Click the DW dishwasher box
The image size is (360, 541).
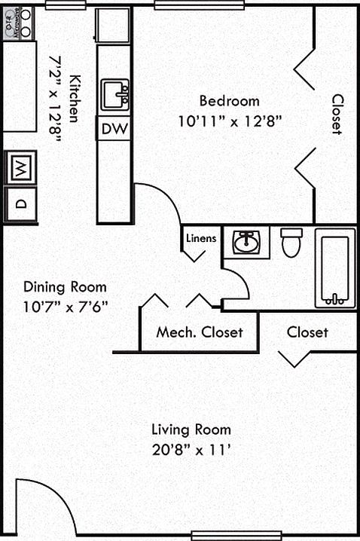(114, 128)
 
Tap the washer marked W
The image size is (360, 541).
(20, 168)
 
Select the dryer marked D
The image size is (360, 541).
(20, 204)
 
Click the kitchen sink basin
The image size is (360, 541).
(114, 95)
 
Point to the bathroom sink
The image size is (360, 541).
(246, 243)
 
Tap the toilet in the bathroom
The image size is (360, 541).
(291, 242)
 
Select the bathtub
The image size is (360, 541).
(335, 267)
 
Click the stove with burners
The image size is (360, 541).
(18, 23)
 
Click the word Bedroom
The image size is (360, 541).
(229, 101)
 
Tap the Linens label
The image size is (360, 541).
(201, 238)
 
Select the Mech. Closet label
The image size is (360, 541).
(200, 332)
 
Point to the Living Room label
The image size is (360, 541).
(191, 430)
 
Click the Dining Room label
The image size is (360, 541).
(65, 287)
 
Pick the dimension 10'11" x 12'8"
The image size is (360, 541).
(230, 121)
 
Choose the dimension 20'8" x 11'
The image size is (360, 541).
(191, 450)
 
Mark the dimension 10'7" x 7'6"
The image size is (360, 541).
(66, 307)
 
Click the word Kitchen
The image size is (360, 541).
(74, 99)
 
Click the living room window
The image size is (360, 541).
(236, 535)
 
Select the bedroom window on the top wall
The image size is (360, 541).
(200, 5)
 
